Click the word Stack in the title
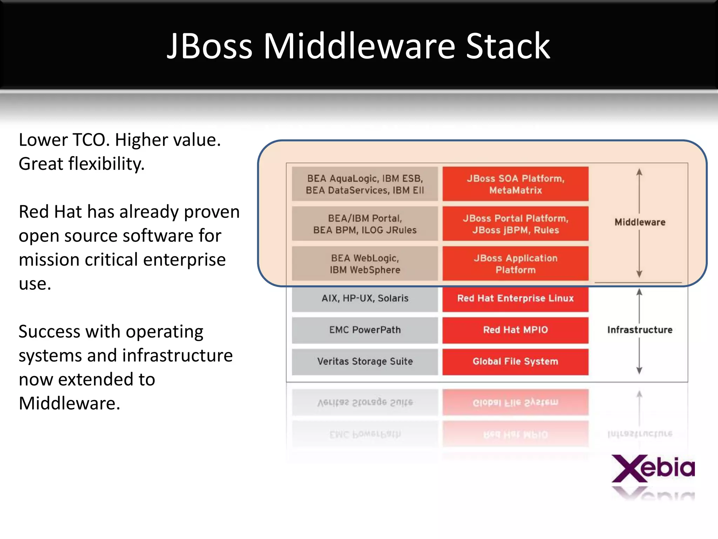tap(508, 46)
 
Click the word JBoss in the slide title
tap(210, 46)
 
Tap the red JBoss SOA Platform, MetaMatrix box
tap(515, 184)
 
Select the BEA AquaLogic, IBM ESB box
tap(365, 184)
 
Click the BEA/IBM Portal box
tap(365, 224)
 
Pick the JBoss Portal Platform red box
tap(515, 224)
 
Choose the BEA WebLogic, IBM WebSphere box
tap(365, 264)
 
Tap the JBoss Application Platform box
tap(515, 264)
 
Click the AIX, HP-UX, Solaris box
tap(365, 299)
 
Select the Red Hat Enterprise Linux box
tap(515, 299)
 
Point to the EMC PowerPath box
tap(365, 330)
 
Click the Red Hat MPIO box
tap(515, 330)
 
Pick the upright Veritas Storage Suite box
tap(365, 361)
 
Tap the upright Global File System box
tap(515, 361)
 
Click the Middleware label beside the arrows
tap(640, 222)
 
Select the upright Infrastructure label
tap(640, 330)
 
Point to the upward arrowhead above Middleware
tap(639, 172)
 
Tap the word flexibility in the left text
tap(106, 164)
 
